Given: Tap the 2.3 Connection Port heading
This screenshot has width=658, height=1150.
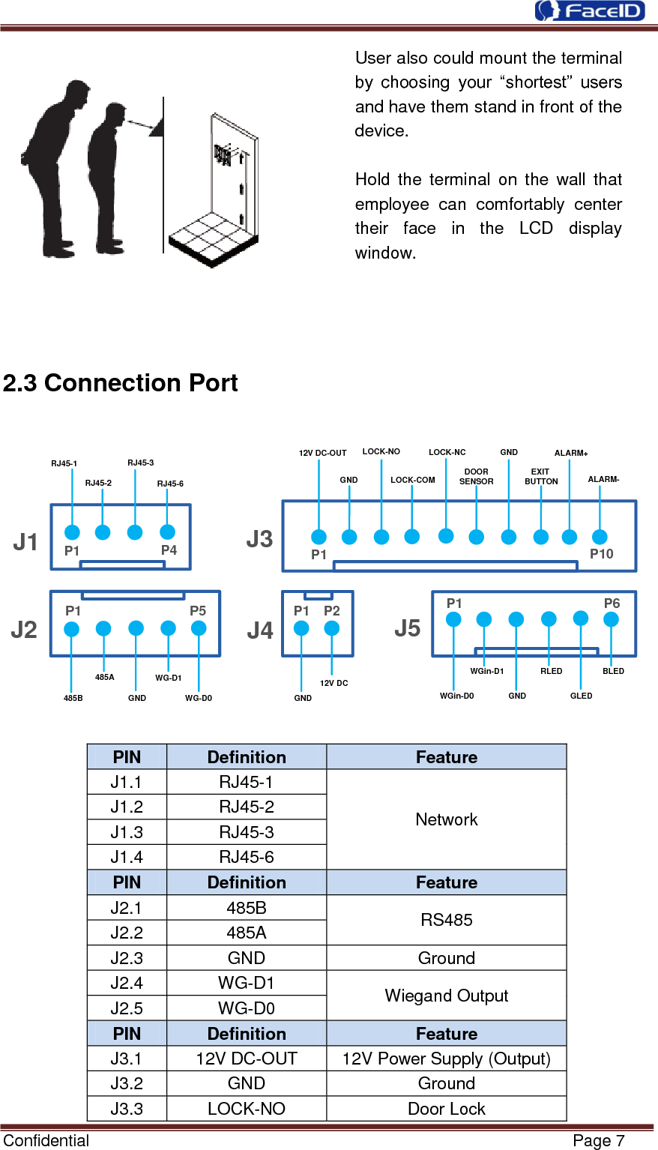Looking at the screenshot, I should coord(120,383).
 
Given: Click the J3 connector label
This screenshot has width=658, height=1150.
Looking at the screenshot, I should coord(259,539).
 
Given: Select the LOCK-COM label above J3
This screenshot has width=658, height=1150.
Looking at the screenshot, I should coord(412,480).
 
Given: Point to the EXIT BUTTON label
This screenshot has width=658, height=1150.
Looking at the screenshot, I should coord(540,477).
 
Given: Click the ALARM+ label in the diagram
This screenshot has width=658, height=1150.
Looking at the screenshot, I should coord(571,453).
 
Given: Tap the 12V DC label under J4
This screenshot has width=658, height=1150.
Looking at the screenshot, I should coord(333,683).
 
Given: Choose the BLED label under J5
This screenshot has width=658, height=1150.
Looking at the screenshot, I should coord(613,671).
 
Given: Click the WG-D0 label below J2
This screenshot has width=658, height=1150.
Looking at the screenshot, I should coord(199,698).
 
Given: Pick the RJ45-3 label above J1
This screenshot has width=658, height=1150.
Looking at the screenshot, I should coord(140,463).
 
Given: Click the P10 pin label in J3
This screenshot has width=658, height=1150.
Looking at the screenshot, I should coord(601,554).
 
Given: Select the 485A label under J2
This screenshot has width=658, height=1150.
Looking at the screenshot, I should coord(104,677).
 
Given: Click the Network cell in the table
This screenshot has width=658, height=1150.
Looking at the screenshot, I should coord(446,819).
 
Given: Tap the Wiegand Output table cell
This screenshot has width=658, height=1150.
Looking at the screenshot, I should coord(446,996).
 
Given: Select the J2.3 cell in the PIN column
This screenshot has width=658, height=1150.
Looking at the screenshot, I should coord(126,958).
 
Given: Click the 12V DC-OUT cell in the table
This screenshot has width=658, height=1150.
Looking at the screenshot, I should coord(246,1059).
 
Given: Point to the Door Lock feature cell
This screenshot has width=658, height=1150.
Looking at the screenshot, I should coord(446,1109).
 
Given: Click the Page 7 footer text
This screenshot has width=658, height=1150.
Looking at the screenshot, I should coord(598,1140).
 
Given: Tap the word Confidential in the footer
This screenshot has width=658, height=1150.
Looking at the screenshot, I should coord(46,1140).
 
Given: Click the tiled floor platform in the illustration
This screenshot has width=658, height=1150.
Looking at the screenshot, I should coord(214,238).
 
